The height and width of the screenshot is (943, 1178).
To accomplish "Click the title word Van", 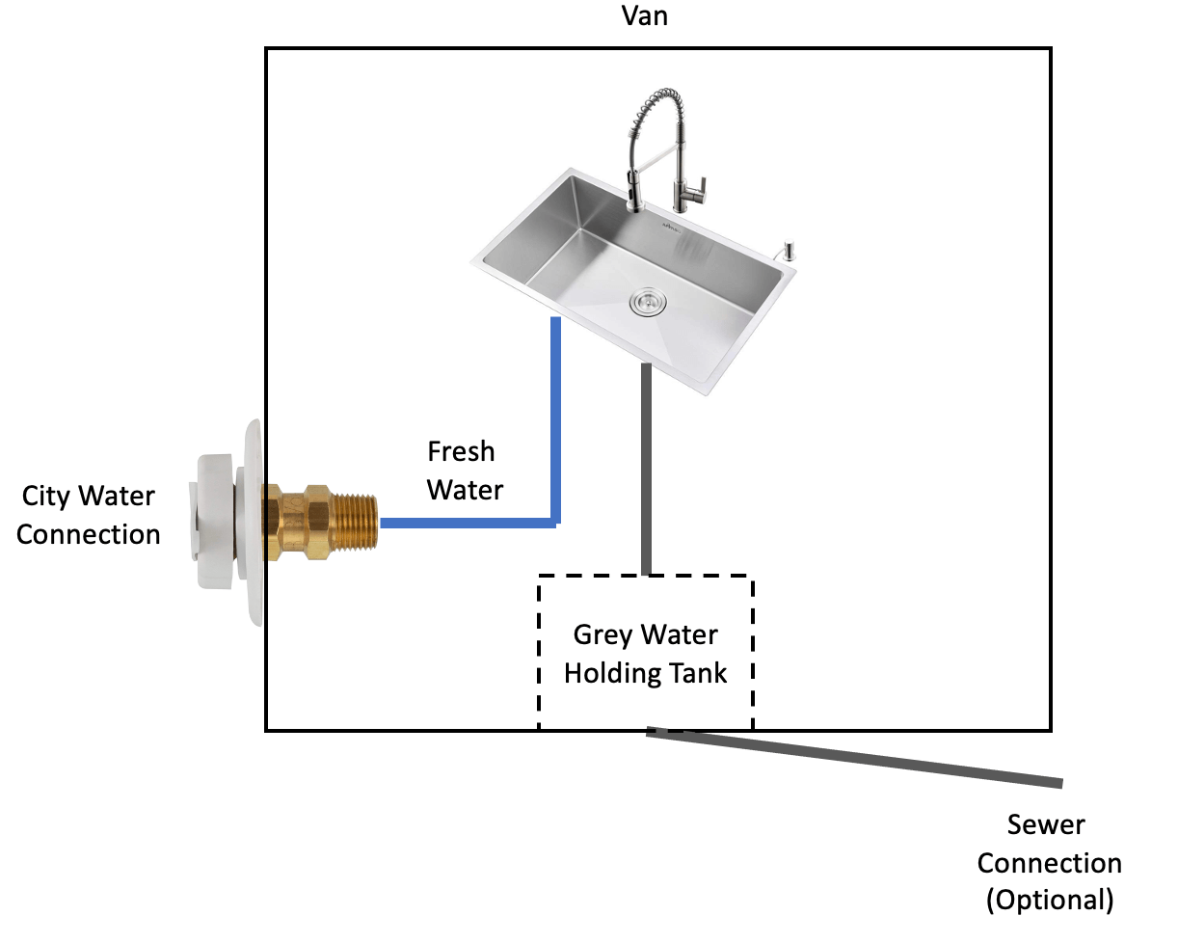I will click(x=645, y=16).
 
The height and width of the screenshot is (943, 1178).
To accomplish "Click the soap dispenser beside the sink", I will click(x=789, y=250).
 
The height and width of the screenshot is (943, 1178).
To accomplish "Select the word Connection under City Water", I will click(x=89, y=534).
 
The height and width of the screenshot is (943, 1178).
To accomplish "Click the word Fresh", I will click(x=461, y=451).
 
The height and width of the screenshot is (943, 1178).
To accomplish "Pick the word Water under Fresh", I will click(x=465, y=490).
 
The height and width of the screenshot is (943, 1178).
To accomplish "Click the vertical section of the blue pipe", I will click(x=555, y=415).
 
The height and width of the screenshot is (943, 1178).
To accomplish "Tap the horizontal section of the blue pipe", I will click(x=463, y=524).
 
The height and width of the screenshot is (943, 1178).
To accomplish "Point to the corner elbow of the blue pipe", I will click(x=554, y=523).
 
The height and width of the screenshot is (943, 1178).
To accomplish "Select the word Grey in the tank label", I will click(x=604, y=635).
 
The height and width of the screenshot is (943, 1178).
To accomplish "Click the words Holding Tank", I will click(x=645, y=673).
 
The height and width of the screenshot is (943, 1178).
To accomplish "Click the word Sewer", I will click(x=1046, y=825).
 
